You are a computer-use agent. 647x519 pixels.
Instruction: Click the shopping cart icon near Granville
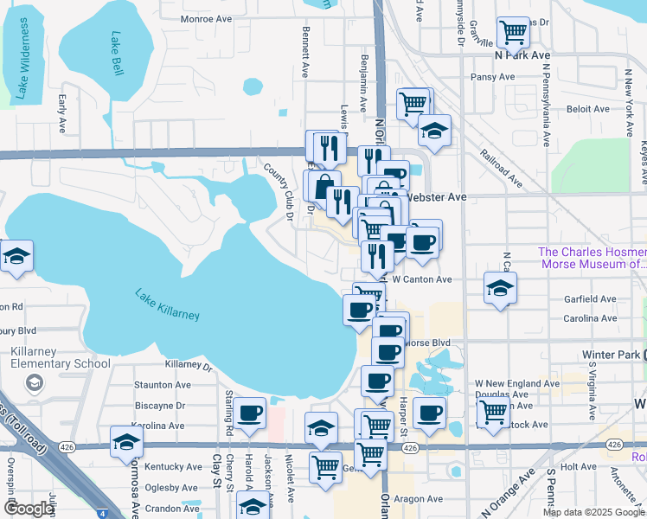click(514, 34)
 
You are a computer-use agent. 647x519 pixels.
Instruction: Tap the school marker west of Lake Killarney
click(16, 256)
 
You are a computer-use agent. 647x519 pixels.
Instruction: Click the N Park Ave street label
click(522, 54)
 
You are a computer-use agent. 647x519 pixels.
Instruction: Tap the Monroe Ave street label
click(206, 17)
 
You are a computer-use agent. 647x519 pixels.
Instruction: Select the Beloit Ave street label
click(588, 109)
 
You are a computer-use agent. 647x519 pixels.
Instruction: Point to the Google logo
click(29, 509)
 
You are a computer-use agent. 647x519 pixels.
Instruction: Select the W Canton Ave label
click(422, 279)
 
